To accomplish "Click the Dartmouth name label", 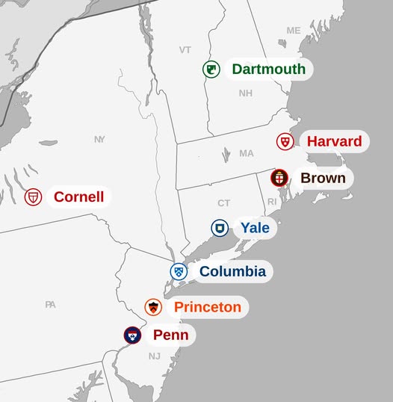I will [x=268, y=69].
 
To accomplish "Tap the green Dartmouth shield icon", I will [x=211, y=69].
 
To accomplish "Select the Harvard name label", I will [x=334, y=141].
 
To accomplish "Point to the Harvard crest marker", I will [x=285, y=141].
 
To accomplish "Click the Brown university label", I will [x=323, y=178].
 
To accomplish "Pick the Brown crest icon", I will [x=279, y=178].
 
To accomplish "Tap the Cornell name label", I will [x=78, y=197].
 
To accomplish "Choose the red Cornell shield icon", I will [x=33, y=197].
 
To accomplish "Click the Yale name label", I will [x=255, y=228].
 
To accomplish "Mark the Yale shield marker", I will [x=220, y=228].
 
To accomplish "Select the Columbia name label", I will [x=232, y=271].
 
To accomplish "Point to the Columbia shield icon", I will [x=178, y=271].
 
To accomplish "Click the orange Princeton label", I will [x=208, y=307].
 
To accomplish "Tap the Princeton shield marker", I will [x=153, y=307].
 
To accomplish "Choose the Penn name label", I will [x=170, y=335].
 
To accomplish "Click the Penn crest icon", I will [x=133, y=335].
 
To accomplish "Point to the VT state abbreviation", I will [x=185, y=49].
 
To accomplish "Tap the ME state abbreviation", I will [x=294, y=31].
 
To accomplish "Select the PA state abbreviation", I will [x=50, y=304].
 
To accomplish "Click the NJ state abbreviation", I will [x=154, y=356].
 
